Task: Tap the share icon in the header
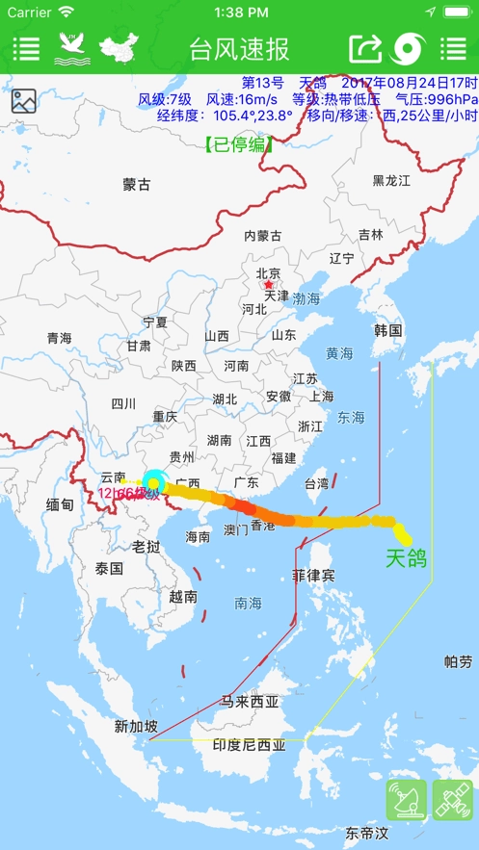click(x=365, y=48)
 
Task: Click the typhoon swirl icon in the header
click(x=409, y=48)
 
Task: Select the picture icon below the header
click(x=24, y=101)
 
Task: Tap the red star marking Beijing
click(x=269, y=286)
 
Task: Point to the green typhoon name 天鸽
click(x=406, y=558)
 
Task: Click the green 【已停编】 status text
click(x=238, y=144)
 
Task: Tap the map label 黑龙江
click(x=391, y=180)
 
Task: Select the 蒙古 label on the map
click(x=137, y=184)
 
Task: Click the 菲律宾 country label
click(x=313, y=576)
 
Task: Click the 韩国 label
click(x=387, y=330)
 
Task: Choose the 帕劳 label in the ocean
click(x=459, y=661)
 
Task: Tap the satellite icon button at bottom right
click(x=452, y=800)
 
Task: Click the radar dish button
click(x=406, y=800)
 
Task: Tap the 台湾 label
click(x=316, y=483)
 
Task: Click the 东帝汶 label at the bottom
click(x=366, y=832)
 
